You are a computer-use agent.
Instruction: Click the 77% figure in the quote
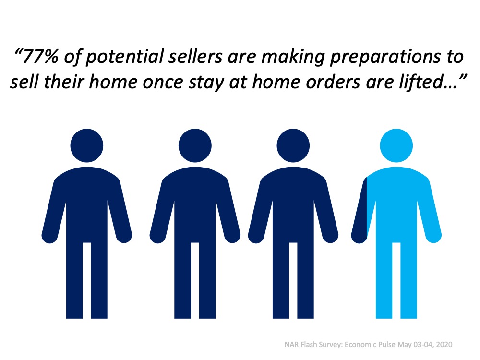click(40, 57)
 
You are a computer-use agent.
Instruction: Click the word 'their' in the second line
click(64, 82)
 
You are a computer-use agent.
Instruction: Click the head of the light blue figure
click(396, 145)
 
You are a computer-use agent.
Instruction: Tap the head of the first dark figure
click(86, 145)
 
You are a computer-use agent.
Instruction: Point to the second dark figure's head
click(195, 145)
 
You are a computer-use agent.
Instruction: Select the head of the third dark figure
click(293, 145)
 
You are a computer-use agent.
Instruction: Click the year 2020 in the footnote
click(444, 344)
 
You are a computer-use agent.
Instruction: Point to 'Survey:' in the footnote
click(331, 345)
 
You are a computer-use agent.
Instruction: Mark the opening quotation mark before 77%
click(18, 52)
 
